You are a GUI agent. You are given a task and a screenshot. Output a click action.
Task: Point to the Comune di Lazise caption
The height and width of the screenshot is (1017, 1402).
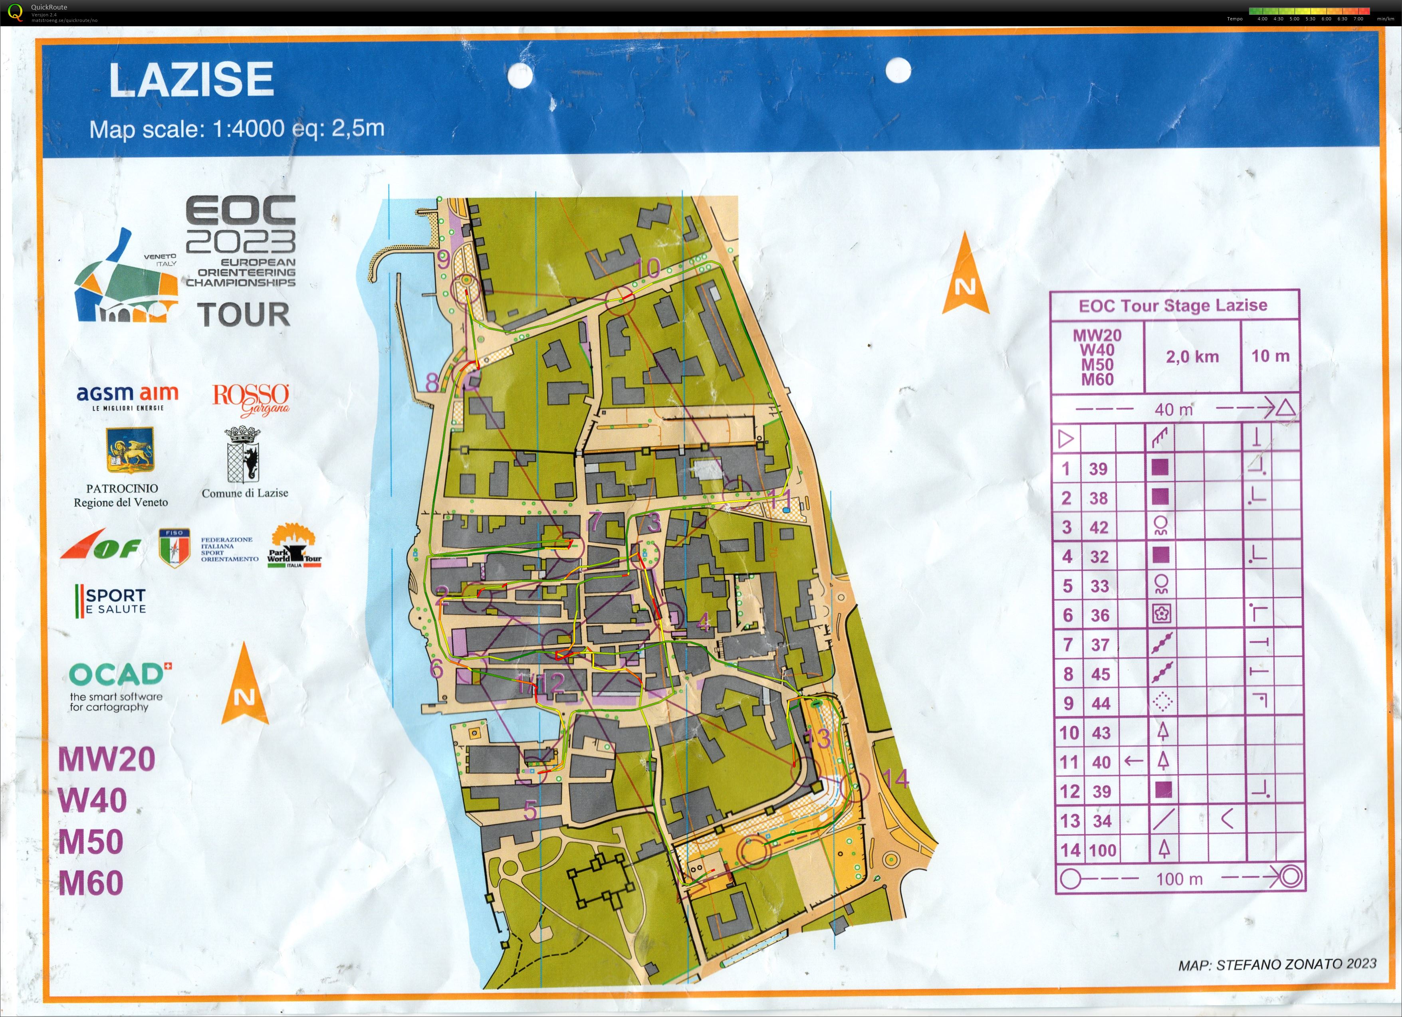(x=245, y=493)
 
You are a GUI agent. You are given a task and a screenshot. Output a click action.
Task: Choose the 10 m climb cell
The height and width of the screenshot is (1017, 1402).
(x=1270, y=356)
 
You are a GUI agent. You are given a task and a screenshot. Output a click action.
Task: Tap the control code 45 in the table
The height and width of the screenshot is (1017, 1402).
(x=1101, y=674)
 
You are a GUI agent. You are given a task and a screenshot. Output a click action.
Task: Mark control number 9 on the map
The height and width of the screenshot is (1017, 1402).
(x=443, y=260)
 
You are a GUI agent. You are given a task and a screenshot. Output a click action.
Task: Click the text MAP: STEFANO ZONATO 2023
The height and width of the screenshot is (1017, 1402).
(x=1277, y=964)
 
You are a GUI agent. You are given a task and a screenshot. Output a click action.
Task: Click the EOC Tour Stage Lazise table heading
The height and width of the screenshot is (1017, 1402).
(x=1173, y=305)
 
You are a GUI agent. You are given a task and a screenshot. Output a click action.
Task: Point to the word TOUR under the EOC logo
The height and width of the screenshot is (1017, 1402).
(x=244, y=315)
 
